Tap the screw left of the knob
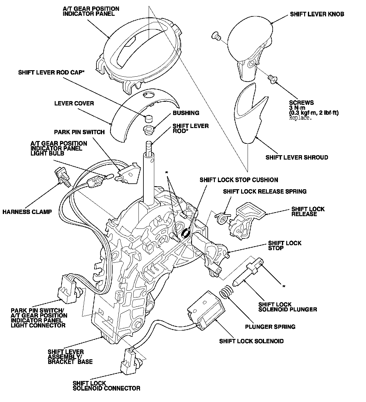(x=216, y=36)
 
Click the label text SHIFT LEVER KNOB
(x=317, y=14)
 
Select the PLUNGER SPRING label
(x=270, y=327)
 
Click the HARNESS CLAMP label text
(x=27, y=212)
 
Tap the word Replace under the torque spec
(x=300, y=118)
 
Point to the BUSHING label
(x=186, y=113)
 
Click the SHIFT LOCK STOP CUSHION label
(x=239, y=180)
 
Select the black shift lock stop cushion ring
(x=186, y=233)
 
